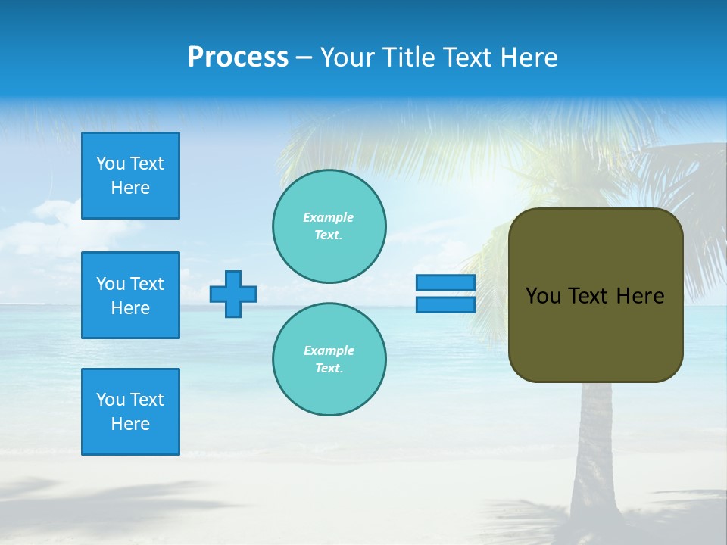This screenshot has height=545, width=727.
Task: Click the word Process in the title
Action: pyautogui.click(x=238, y=58)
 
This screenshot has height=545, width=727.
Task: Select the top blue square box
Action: pyautogui.click(x=130, y=176)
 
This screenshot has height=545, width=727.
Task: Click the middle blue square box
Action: pyautogui.click(x=130, y=295)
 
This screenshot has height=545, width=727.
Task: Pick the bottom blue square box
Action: pyautogui.click(x=130, y=412)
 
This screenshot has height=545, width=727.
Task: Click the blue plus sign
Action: pyautogui.click(x=233, y=294)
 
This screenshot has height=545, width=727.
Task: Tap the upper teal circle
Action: pyautogui.click(x=329, y=226)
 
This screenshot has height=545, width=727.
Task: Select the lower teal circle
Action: pyautogui.click(x=329, y=360)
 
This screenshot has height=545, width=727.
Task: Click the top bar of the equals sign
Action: pyautogui.click(x=445, y=283)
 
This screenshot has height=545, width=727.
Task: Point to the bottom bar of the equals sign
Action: pyautogui.click(x=445, y=305)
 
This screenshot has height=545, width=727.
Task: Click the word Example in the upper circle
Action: pyautogui.click(x=328, y=217)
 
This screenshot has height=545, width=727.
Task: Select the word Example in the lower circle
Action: pyautogui.click(x=329, y=350)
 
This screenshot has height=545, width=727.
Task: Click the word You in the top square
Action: pyautogui.click(x=111, y=163)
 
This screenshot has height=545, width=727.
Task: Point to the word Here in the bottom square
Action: pyautogui.click(x=130, y=424)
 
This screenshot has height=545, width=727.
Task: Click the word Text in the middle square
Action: pyautogui.click(x=147, y=284)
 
